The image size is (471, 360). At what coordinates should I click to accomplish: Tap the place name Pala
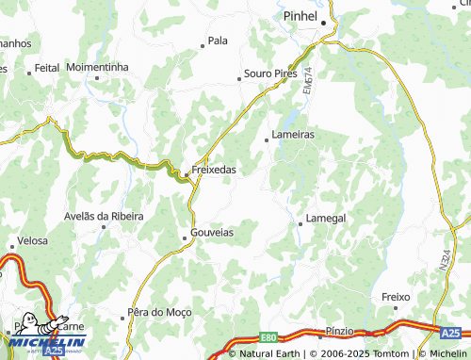point(218,41)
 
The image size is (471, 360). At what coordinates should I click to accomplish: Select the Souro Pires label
point(270,73)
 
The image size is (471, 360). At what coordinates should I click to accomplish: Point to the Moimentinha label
point(97,68)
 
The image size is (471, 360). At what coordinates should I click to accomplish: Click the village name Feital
point(46,69)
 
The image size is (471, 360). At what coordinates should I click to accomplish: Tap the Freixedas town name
point(213,171)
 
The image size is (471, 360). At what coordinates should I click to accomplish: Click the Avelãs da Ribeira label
point(104,216)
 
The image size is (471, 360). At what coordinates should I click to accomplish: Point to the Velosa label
point(32,241)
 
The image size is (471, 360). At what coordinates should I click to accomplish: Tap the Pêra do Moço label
point(157,312)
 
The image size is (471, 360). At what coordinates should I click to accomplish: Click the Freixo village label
point(397,297)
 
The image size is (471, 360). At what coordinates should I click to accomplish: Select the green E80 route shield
point(270,336)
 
